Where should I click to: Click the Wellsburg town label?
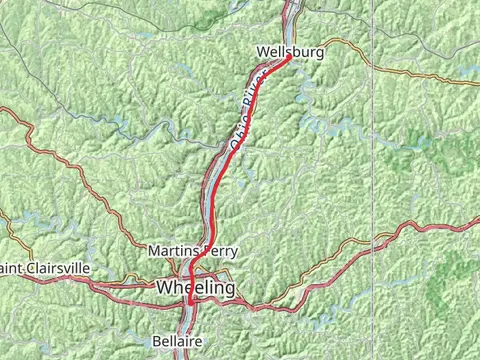[x=290, y=51]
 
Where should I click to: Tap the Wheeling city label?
[x=196, y=288]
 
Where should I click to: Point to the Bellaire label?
[x=176, y=341]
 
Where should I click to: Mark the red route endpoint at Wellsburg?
[x=288, y=58]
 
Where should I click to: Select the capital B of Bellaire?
[x=156, y=341]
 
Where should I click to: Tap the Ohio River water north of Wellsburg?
[x=291, y=15]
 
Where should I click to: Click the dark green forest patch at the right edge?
[x=455, y=290]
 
